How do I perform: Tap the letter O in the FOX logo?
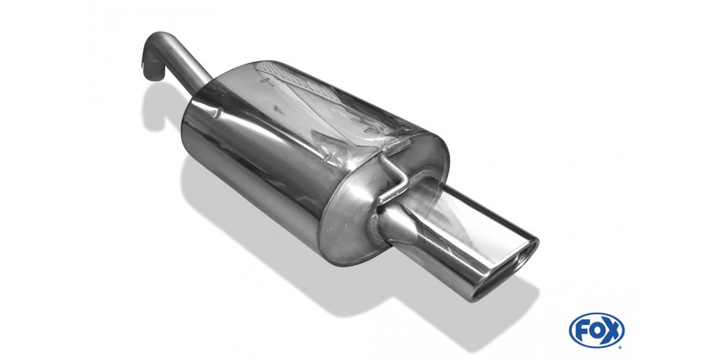596,331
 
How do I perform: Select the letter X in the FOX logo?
612,331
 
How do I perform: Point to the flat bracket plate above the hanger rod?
396,146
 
